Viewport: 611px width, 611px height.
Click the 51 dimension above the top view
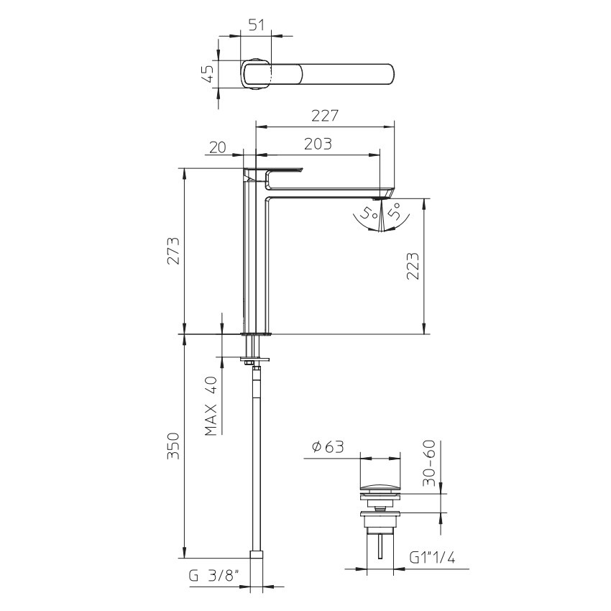256,24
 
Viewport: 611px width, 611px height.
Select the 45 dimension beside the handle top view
209,73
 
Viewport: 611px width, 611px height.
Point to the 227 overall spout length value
325,116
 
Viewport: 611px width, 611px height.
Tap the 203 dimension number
318,144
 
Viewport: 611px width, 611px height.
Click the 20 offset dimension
217,147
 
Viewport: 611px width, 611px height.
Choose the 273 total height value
173,251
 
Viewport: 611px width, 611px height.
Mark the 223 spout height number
413,266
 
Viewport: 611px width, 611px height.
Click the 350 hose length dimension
173,446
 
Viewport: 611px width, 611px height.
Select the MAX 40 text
211,406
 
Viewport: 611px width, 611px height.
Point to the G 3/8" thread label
213,576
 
